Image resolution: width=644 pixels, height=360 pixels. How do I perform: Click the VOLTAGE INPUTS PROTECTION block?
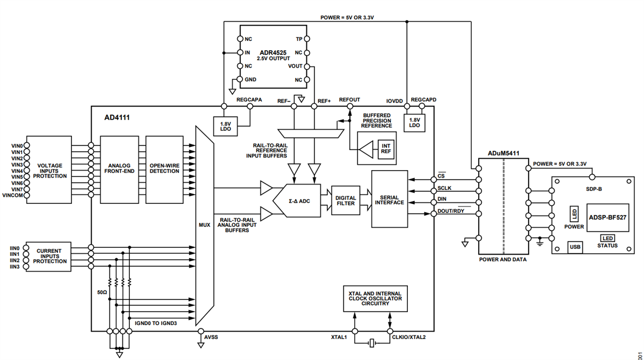pyautogui.click(x=53, y=171)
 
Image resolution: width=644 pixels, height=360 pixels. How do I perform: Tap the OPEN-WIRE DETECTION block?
pyautogui.click(x=164, y=168)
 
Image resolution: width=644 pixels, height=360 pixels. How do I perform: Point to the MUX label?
pyautogui.click(x=204, y=225)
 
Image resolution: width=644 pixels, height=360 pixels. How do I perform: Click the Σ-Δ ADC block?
pyautogui.click(x=298, y=200)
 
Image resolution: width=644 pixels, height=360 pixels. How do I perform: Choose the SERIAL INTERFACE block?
pyautogui.click(x=390, y=199)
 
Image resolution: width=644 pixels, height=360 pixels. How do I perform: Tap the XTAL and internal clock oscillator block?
pyautogui.click(x=375, y=298)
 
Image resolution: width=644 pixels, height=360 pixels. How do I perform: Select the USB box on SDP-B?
pyautogui.click(x=575, y=247)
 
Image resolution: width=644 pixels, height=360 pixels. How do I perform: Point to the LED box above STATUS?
pyautogui.click(x=608, y=238)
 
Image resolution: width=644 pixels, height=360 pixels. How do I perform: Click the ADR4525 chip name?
pyautogui.click(x=273, y=53)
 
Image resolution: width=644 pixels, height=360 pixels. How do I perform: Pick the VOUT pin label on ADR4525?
pyautogui.click(x=295, y=66)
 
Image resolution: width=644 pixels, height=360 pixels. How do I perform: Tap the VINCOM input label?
pyautogui.click(x=12, y=196)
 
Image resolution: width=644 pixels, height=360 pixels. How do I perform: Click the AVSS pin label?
pyautogui.click(x=211, y=337)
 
